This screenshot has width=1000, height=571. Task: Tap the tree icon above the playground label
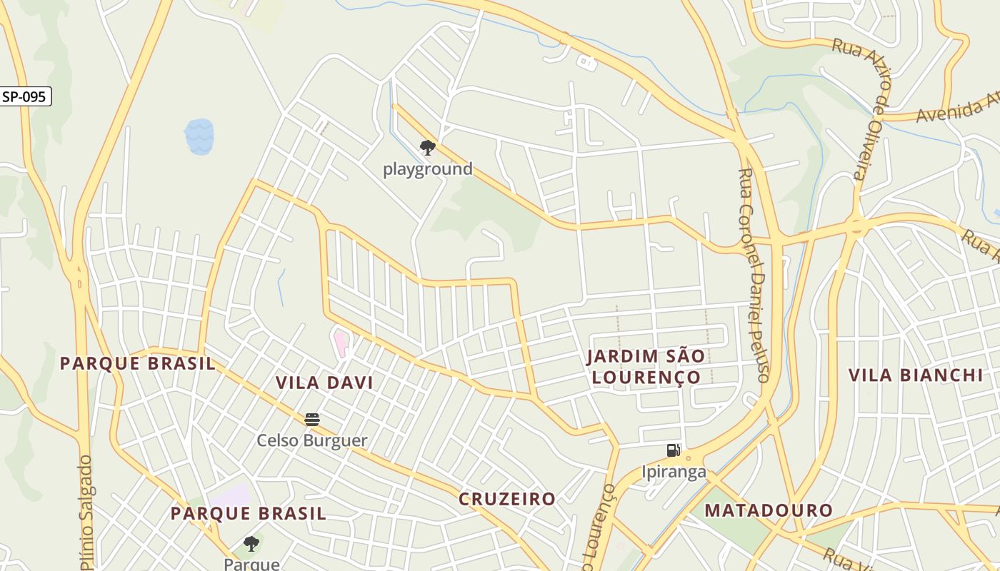[x=428, y=148]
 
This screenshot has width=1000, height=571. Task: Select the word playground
[x=428, y=169]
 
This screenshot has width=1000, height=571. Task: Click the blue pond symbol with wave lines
[x=199, y=136]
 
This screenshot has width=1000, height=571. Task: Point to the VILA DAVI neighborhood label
[x=324, y=383]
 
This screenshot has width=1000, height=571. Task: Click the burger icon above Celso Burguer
[x=311, y=420]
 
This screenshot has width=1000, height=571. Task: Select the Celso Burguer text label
[x=312, y=440]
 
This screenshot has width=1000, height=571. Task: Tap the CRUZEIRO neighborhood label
[x=507, y=499]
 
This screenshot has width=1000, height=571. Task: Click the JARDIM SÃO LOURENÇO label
[x=646, y=366]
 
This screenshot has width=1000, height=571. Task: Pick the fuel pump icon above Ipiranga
[x=673, y=450]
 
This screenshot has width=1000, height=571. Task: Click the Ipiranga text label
[x=674, y=472]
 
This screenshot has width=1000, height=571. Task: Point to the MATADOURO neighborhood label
[x=769, y=510]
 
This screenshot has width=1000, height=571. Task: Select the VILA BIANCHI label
[x=916, y=375]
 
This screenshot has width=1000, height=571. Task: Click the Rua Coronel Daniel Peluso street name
[x=754, y=275]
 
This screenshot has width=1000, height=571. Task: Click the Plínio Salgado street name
[x=86, y=514]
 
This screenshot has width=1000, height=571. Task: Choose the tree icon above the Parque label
[x=251, y=544]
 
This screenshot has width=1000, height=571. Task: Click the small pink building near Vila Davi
[x=341, y=343]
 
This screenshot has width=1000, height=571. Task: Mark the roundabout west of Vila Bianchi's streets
[x=856, y=228]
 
